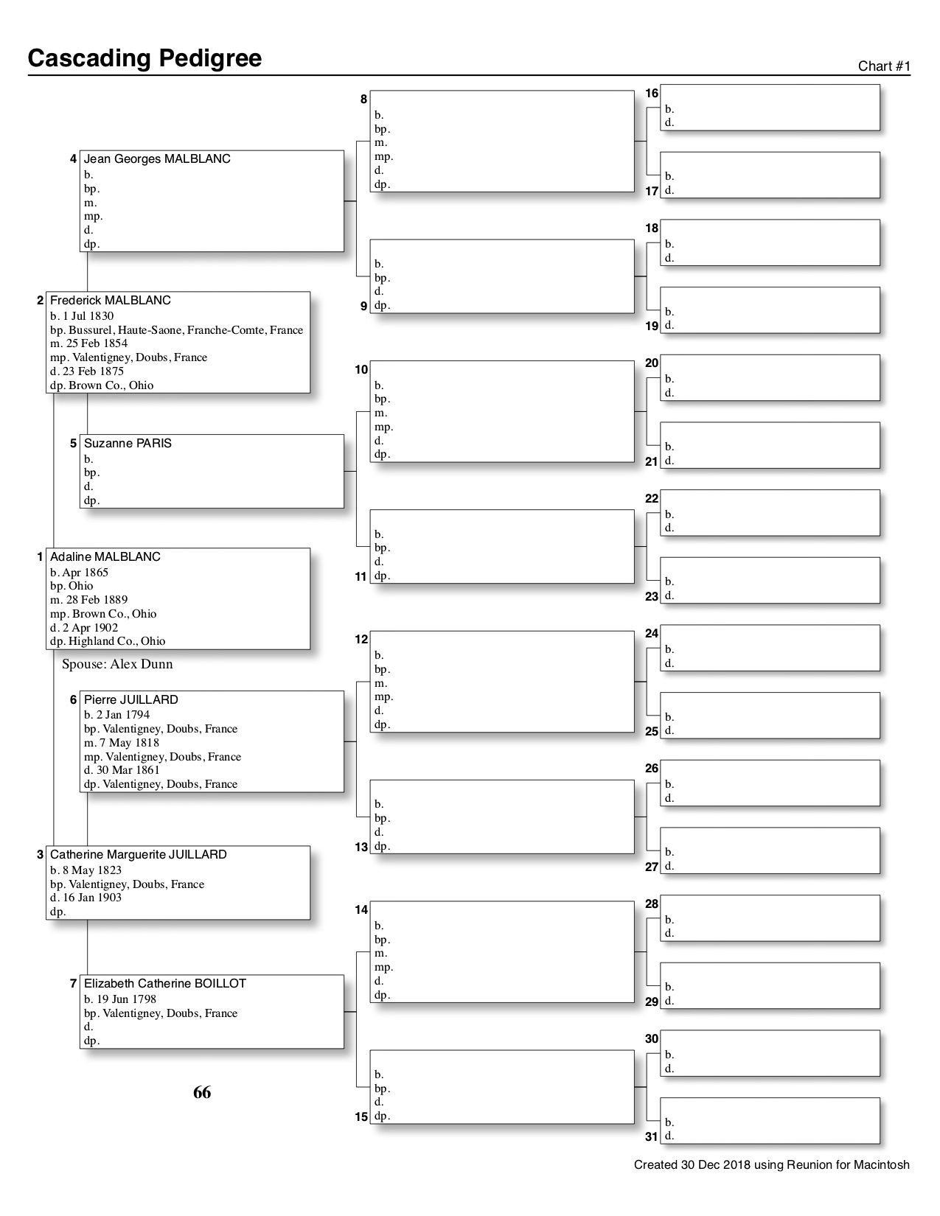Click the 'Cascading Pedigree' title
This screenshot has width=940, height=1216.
145,58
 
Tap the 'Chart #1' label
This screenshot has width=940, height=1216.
884,66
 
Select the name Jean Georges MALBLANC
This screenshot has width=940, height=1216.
157,159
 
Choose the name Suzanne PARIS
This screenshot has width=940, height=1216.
128,444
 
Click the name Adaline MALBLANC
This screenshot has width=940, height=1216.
105,557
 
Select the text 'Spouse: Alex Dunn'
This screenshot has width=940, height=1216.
117,664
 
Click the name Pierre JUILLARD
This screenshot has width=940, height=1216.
130,700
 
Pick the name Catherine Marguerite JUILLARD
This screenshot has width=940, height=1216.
138,855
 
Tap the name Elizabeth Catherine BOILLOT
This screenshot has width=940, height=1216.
164,984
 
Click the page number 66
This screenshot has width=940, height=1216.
202,1092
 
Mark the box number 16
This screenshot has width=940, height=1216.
652,94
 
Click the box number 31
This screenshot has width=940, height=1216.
652,1136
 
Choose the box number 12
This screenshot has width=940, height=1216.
361,640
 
